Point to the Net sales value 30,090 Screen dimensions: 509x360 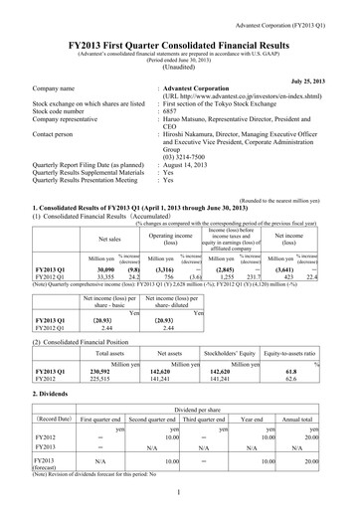coord(103,241)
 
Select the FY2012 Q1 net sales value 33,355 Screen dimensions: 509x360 coord(103,249)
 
